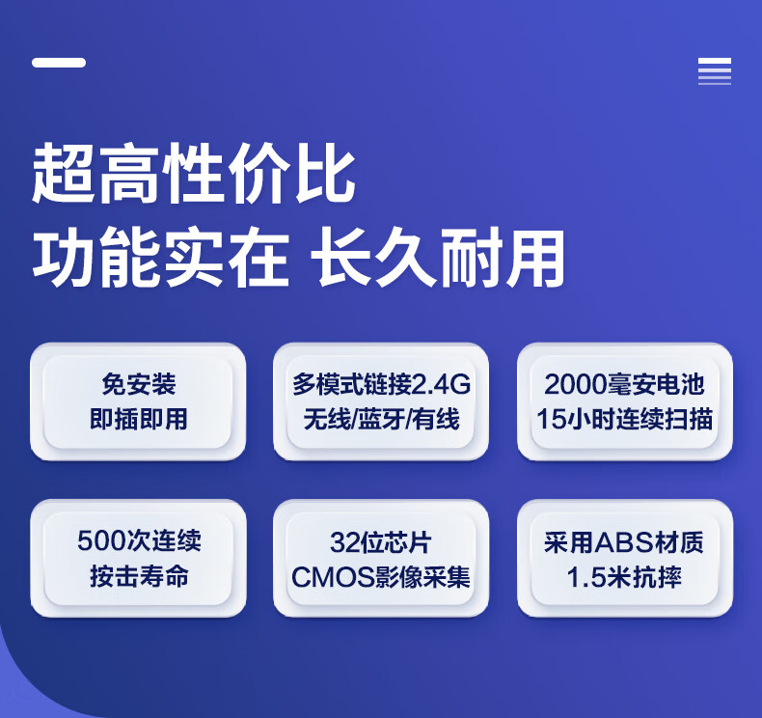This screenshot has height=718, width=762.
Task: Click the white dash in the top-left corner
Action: (x=59, y=62)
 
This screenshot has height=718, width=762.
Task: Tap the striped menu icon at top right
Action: (x=715, y=71)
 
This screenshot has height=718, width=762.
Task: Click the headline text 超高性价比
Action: (x=194, y=174)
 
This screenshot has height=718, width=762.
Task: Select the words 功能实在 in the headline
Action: (x=161, y=257)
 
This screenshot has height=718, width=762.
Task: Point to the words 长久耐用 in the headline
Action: (x=437, y=257)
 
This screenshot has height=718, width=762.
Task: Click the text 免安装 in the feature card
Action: (x=139, y=384)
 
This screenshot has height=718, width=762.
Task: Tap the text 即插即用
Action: (x=139, y=419)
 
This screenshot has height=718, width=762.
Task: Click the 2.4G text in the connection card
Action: (x=441, y=384)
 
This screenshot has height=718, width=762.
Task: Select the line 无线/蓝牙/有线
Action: (x=381, y=419)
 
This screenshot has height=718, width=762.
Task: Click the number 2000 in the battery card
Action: (x=576, y=384)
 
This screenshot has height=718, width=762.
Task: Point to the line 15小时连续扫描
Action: (x=624, y=419)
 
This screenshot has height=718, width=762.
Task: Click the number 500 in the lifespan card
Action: (x=101, y=540)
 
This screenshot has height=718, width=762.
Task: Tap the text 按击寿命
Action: (x=139, y=576)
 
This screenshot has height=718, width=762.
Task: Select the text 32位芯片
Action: (x=380, y=542)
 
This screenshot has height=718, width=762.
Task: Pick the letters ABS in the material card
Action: (x=624, y=542)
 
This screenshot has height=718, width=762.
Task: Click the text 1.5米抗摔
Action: (x=624, y=577)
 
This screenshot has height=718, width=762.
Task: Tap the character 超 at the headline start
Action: (x=63, y=174)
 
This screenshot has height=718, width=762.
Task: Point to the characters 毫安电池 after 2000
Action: (x=656, y=384)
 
